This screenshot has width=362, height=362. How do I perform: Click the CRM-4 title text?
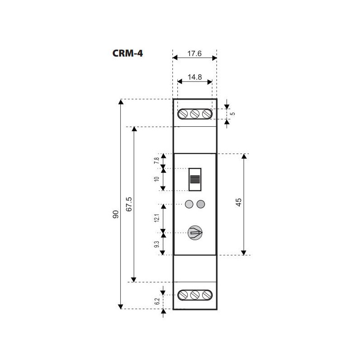point(128,53)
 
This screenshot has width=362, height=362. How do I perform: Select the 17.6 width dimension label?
point(195,53)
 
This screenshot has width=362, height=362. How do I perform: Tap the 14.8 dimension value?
point(195,77)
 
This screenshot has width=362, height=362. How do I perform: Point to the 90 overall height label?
point(116,214)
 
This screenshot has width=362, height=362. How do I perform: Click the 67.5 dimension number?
point(129,204)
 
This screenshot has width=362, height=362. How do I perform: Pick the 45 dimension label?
point(238,202)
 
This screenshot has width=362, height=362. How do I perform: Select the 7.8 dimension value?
point(157,161)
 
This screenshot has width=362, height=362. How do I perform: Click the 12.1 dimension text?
point(157,218)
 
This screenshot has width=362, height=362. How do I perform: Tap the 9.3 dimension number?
point(157,244)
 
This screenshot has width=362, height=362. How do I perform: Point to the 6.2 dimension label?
point(157,301)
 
